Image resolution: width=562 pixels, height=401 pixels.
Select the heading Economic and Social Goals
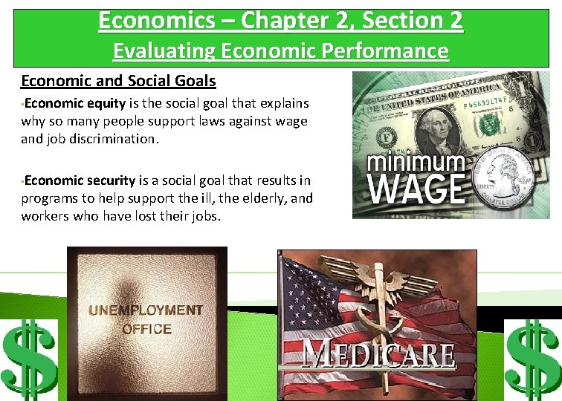[x=118, y=80]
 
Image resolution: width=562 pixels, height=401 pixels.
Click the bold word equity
[x=105, y=103]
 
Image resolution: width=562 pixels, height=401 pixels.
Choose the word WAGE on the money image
[x=417, y=189]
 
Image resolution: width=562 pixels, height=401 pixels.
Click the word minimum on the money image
[x=416, y=161]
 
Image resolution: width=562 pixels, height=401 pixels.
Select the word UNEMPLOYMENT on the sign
[x=146, y=310]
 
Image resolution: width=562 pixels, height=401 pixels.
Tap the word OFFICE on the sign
[x=146, y=329]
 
